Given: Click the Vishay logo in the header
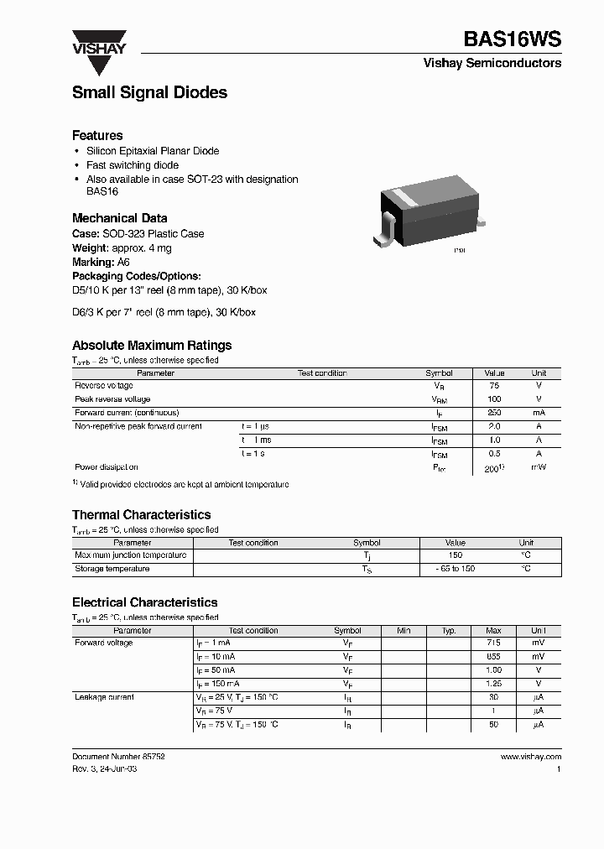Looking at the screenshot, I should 98,42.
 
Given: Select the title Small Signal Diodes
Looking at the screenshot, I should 149,93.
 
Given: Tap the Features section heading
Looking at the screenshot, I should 97,135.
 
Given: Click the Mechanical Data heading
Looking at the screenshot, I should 119,218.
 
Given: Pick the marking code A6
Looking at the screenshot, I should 122,262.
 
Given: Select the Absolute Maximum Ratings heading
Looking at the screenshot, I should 152,345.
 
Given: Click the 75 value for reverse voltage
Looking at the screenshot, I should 493,386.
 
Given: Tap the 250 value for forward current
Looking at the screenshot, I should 493,413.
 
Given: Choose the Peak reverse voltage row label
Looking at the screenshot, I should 112,399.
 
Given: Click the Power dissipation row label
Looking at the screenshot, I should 107,467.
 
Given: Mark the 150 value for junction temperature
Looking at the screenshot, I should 456,555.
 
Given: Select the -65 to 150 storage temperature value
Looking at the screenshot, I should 456,569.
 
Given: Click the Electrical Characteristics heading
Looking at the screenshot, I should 144,602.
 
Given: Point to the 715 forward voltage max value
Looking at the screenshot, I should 493,643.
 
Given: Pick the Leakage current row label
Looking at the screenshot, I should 104,697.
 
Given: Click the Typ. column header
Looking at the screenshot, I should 449,630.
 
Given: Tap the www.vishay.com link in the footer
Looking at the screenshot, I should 530,756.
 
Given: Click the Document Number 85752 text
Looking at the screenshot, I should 118,756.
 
